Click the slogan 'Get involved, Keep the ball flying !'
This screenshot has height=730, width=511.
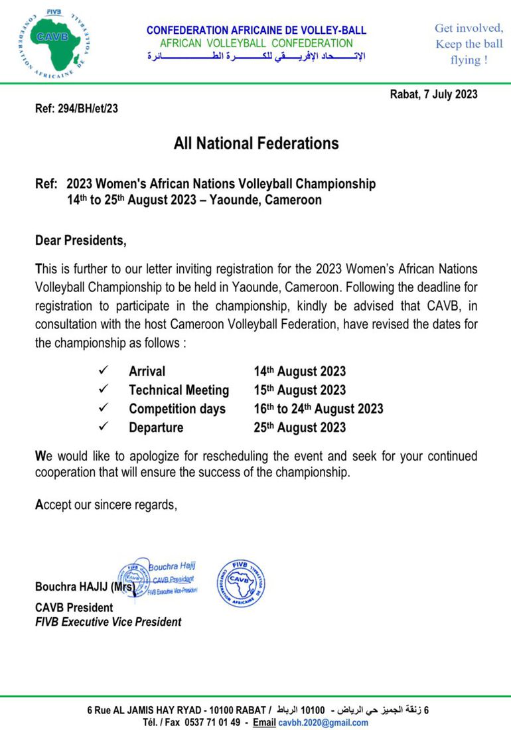[x=469, y=44]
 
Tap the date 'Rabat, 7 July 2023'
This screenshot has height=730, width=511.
[x=433, y=94]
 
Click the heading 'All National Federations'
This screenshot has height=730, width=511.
[x=256, y=143]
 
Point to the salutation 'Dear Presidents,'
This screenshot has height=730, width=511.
[x=80, y=240]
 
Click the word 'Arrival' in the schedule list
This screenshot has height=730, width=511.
[x=147, y=372]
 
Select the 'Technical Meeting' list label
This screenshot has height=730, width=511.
[x=179, y=390]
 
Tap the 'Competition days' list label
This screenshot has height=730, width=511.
[x=177, y=409]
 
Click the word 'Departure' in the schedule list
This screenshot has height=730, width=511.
[x=156, y=427]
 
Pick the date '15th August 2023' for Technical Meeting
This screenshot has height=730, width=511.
[x=299, y=390]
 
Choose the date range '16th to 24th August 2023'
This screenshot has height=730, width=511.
[x=318, y=409]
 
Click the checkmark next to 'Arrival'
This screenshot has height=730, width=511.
[x=103, y=371]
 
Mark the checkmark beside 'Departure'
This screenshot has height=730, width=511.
[x=103, y=427]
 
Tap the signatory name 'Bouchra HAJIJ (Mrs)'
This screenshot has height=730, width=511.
[x=85, y=587]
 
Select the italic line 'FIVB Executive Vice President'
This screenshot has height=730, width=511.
[x=108, y=622]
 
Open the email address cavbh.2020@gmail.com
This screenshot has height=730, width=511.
[x=323, y=723]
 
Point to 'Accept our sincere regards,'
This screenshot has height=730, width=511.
[x=106, y=504]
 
